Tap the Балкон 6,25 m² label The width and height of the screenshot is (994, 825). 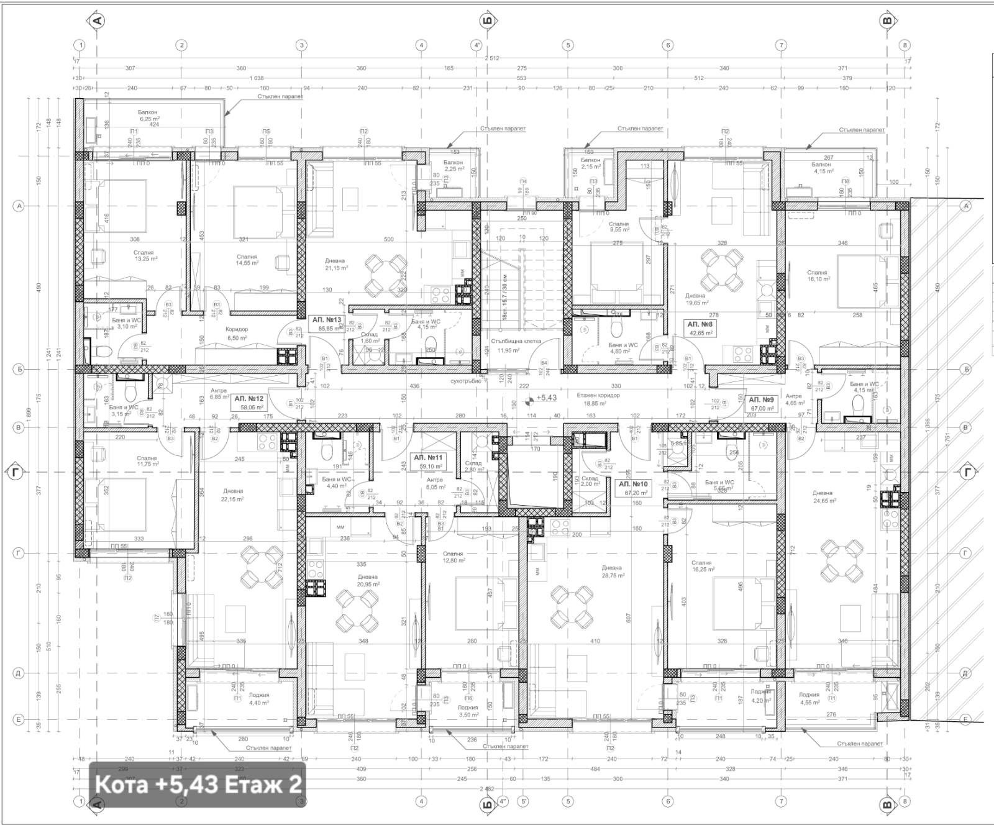(x=149, y=115)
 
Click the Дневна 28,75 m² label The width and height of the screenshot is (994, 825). (x=612, y=572)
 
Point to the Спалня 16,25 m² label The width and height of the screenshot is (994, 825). (x=703, y=566)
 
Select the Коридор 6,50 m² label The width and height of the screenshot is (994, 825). (x=237, y=334)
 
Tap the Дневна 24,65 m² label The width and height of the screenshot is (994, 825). (x=824, y=497)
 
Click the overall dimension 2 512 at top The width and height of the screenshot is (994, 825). (x=491, y=58)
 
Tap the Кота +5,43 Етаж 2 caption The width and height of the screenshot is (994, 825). (x=198, y=784)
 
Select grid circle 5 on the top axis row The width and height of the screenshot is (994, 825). (x=567, y=45)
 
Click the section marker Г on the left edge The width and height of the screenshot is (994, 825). (x=16, y=472)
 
